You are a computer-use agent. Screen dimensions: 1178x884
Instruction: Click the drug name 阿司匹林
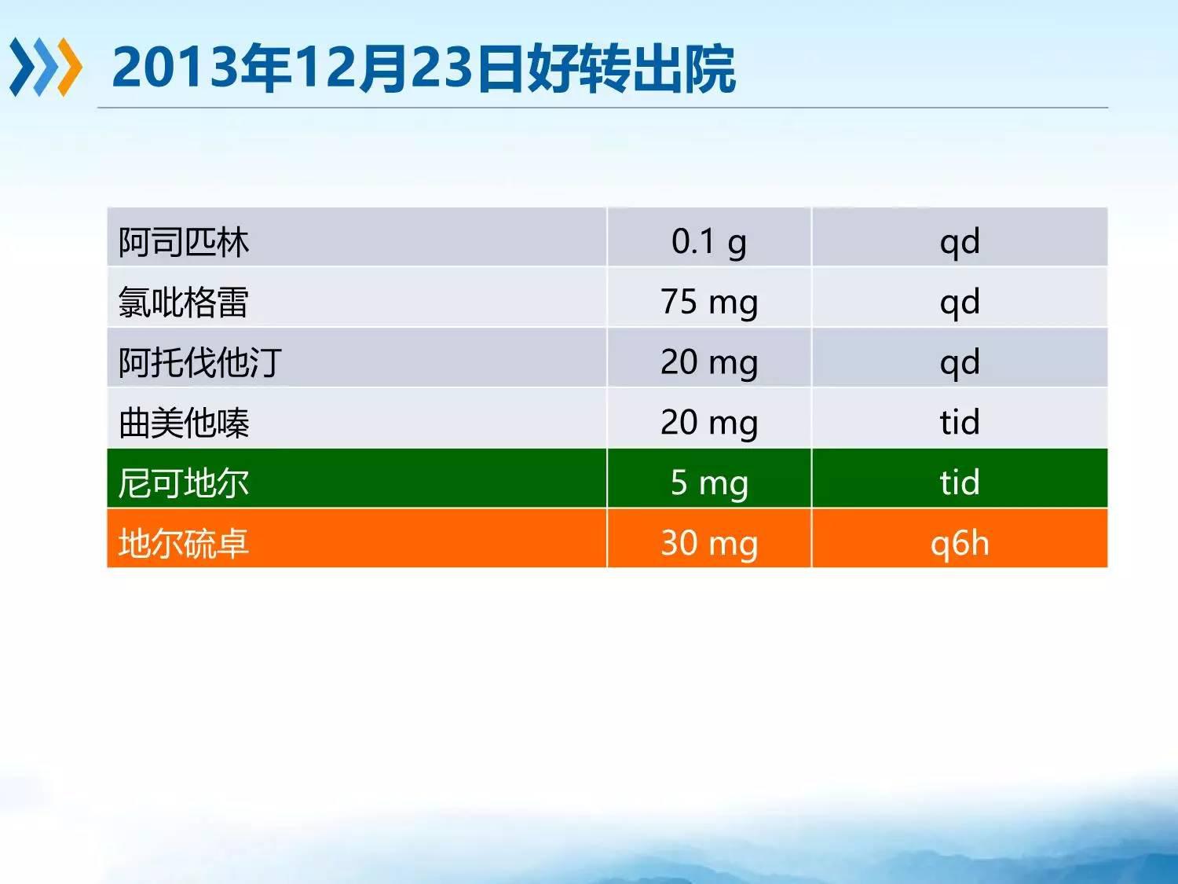[184, 242]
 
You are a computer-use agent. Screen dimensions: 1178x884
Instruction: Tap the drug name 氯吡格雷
[184, 303]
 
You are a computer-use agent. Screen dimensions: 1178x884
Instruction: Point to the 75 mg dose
[709, 303]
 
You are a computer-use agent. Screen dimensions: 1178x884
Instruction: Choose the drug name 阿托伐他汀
[200, 362]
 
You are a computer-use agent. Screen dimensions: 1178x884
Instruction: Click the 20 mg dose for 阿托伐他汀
[709, 362]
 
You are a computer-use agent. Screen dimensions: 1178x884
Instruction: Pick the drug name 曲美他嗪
[184, 423]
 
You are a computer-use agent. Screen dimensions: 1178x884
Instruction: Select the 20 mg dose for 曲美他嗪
[709, 423]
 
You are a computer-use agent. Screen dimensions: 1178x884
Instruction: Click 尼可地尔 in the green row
[184, 483]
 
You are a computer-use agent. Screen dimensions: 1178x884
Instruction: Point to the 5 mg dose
[709, 483]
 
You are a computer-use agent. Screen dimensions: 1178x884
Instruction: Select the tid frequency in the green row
[960, 482]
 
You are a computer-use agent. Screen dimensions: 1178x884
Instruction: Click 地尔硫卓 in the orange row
[184, 543]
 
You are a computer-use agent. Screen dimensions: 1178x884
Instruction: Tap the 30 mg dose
[709, 543]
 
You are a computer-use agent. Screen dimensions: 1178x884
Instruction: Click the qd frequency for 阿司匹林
[960, 243]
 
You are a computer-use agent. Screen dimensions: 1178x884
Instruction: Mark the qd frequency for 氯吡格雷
[960, 303]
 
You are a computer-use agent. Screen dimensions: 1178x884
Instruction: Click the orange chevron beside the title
[71, 67]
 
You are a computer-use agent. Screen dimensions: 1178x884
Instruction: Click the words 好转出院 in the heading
[631, 68]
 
